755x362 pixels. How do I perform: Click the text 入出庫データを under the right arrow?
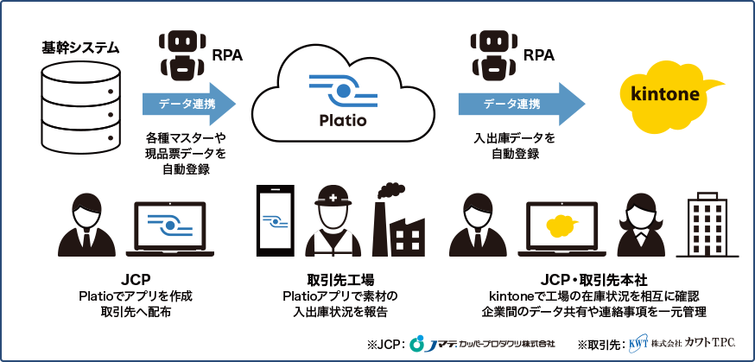point(516,138)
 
